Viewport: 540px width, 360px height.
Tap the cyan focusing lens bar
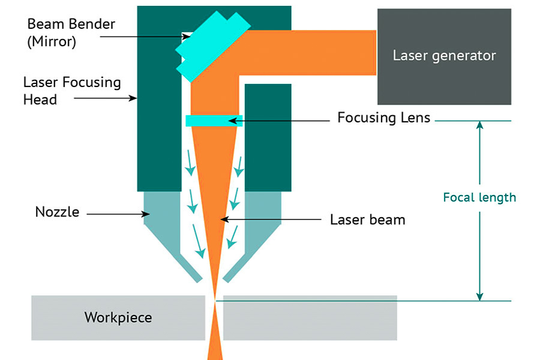(214, 121)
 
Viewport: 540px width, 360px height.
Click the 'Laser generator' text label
(444, 56)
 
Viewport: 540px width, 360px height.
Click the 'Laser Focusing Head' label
(71, 91)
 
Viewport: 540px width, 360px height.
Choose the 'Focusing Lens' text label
(383, 117)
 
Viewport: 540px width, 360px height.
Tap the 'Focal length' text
(479, 197)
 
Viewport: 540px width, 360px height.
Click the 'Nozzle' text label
(57, 212)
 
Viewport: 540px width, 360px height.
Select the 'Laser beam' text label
(367, 220)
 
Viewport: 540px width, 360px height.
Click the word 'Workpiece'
(118, 317)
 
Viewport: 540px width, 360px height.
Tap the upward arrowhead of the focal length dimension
(479, 125)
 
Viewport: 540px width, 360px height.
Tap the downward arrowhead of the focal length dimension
(479, 296)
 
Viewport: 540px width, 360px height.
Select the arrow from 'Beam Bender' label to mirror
(144, 37)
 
